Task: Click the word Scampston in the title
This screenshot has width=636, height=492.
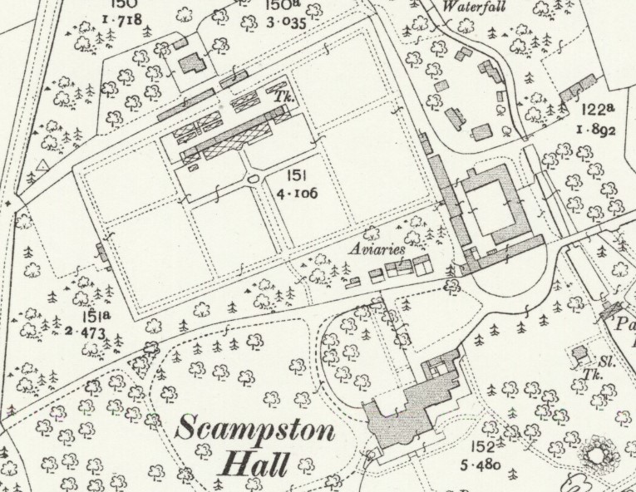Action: coord(256,432)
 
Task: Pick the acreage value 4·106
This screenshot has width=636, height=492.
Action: coord(300,194)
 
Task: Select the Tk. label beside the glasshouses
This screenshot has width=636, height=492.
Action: coord(278,96)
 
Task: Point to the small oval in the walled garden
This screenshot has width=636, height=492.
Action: coord(254,179)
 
